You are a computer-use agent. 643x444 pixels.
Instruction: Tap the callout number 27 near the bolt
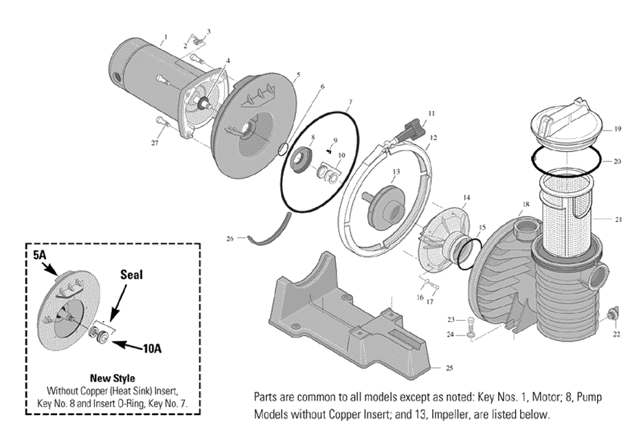click(155, 142)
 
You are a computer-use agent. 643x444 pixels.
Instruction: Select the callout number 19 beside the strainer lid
click(618, 129)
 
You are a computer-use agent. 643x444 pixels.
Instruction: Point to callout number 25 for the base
click(449, 368)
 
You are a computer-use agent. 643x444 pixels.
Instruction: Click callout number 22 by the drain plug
click(616, 334)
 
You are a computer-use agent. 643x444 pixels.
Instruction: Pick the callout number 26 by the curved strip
click(230, 238)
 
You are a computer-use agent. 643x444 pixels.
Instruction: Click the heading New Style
click(111, 377)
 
